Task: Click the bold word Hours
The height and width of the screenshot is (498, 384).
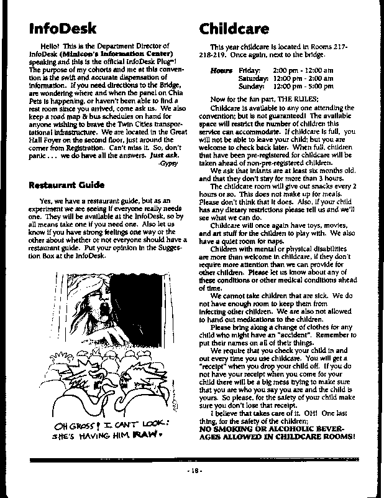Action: click(x=221, y=71)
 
